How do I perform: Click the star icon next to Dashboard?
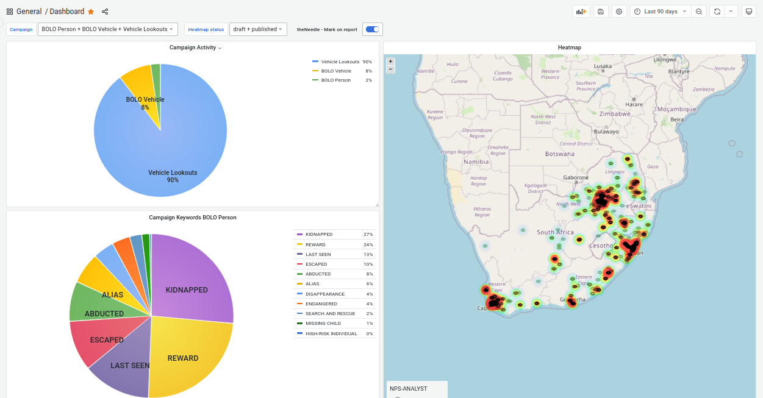tap(91, 12)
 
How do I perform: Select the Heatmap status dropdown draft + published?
tap(258, 29)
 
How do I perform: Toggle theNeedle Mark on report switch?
tap(372, 29)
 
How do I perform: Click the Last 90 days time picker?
tap(661, 12)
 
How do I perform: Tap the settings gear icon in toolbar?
tap(619, 12)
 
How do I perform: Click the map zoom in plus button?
tap(391, 62)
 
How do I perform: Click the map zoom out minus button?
tap(391, 69)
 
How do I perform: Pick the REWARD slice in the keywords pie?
tap(186, 357)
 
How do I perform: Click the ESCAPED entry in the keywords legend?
tap(316, 265)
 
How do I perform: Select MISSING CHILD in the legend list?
tap(322, 323)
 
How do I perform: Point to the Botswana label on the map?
tap(559, 154)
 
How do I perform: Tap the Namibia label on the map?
tap(476, 162)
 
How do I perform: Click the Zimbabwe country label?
tap(614, 114)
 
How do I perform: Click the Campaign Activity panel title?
tap(193, 48)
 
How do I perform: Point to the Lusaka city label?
tap(603, 66)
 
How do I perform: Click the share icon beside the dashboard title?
tap(105, 12)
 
